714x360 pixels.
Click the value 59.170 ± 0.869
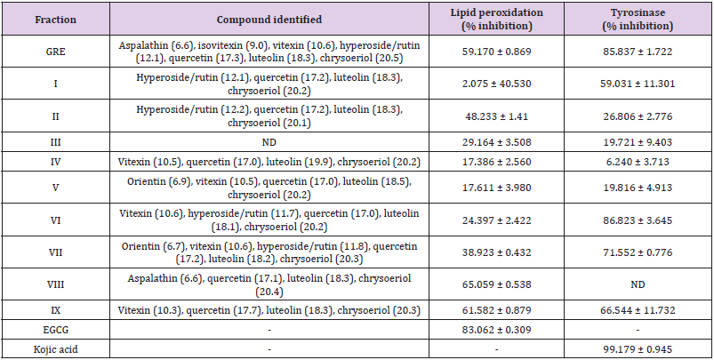(x=506, y=52)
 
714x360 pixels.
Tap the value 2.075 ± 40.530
(x=506, y=84)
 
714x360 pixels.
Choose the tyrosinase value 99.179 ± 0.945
(x=639, y=347)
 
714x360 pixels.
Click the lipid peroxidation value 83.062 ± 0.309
(x=506, y=328)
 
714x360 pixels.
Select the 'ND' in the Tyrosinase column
(x=639, y=287)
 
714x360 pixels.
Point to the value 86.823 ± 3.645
(x=639, y=220)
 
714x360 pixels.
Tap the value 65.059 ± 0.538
(x=506, y=287)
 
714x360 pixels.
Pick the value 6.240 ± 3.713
(x=639, y=163)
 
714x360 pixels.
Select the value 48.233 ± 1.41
(x=506, y=115)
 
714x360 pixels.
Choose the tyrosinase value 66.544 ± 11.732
(x=639, y=310)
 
